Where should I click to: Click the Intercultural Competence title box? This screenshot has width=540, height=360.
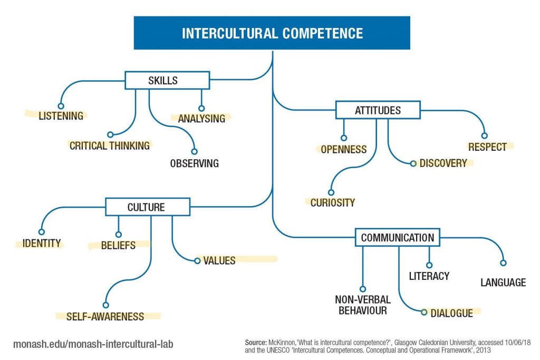272,33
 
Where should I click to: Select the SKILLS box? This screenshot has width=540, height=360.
167,80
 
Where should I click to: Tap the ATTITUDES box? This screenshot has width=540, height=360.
378,110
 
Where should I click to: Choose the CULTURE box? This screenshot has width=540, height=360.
148,207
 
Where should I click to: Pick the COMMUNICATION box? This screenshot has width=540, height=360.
398,238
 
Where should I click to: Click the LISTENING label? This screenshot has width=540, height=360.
61,116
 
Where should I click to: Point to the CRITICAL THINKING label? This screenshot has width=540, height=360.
110,145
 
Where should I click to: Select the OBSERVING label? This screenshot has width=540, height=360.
195,163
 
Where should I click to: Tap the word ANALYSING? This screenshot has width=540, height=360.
201,119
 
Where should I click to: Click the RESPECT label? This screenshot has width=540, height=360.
487,147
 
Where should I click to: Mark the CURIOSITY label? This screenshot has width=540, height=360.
333,203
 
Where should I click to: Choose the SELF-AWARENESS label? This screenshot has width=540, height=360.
105,316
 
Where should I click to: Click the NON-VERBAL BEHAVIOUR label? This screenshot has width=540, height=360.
363,305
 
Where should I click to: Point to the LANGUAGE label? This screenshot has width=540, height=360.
503,283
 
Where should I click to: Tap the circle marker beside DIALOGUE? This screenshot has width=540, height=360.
425,312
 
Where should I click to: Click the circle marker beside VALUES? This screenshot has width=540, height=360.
197,260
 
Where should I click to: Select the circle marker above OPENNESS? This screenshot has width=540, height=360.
344,138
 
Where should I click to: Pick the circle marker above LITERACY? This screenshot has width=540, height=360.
429,265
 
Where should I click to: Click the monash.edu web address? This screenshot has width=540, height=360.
93,344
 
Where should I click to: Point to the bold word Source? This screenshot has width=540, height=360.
256,343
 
